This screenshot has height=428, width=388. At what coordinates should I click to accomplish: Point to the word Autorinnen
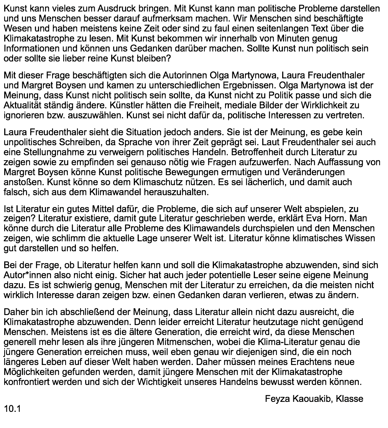(x=188, y=75)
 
